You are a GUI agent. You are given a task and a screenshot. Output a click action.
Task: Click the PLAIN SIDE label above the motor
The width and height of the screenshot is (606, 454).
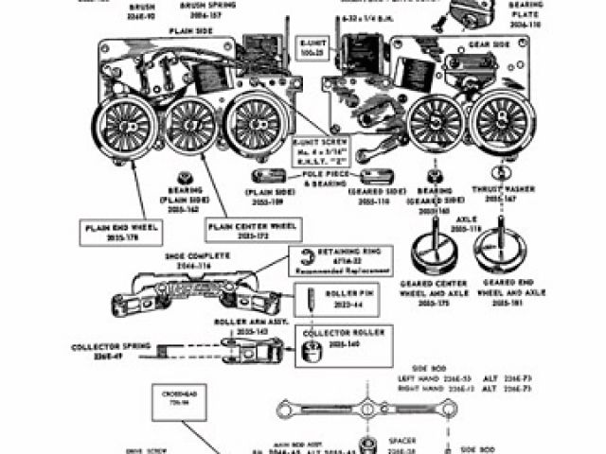188,31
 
